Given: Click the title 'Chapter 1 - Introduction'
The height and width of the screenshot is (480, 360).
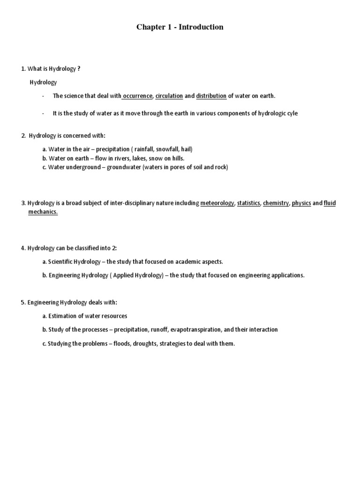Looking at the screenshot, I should pyautogui.click(x=180, y=27).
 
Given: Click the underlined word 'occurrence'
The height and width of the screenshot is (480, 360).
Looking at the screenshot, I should pyautogui.click(x=138, y=96).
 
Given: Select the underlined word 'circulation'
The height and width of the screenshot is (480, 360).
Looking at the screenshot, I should pyautogui.click(x=169, y=96).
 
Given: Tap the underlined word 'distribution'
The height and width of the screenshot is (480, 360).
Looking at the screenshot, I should pyautogui.click(x=211, y=96).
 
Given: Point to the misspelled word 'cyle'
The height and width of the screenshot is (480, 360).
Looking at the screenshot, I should pyautogui.click(x=292, y=113).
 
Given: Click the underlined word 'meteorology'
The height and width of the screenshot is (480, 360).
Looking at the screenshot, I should pyautogui.click(x=217, y=203).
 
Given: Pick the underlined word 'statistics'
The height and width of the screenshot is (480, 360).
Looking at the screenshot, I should pyautogui.click(x=248, y=203).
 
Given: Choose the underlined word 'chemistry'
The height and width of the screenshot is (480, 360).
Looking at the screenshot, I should pyautogui.click(x=276, y=203).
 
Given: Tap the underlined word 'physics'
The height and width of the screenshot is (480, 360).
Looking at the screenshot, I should pyautogui.click(x=301, y=203).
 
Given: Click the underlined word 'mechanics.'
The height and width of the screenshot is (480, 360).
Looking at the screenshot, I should pyautogui.click(x=43, y=212).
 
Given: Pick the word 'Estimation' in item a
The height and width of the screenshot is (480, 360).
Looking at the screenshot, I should pyautogui.click(x=63, y=316).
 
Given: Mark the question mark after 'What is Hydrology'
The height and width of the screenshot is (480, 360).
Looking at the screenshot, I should pyautogui.click(x=79, y=69).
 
